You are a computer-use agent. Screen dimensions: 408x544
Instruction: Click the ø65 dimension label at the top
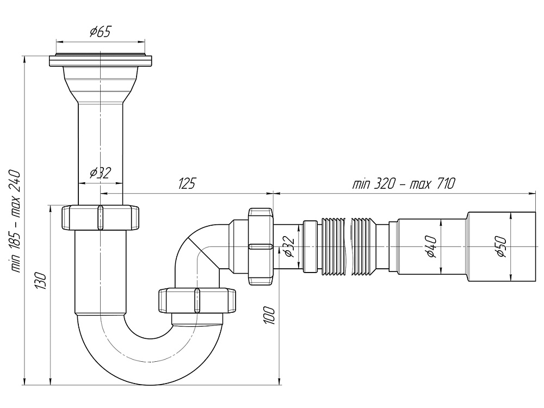[x=100, y=32]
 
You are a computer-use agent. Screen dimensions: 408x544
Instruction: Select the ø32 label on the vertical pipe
[x=100, y=173]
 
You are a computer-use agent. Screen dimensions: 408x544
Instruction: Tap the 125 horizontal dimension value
[x=187, y=183]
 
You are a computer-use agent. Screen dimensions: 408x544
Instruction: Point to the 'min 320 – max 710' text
[x=403, y=183]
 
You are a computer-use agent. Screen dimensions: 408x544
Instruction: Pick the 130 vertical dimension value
[x=43, y=281]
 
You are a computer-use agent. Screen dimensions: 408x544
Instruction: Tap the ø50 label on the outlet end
[x=500, y=246]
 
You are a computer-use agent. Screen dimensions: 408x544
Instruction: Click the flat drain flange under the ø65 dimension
[x=100, y=60]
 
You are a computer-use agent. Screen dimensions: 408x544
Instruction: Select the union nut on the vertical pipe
[x=100, y=218]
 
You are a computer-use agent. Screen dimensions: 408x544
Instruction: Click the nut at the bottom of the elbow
[x=197, y=300]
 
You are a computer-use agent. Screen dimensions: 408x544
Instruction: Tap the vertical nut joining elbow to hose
[x=259, y=246]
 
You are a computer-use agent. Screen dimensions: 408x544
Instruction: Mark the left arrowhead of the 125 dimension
[x=103, y=193]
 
